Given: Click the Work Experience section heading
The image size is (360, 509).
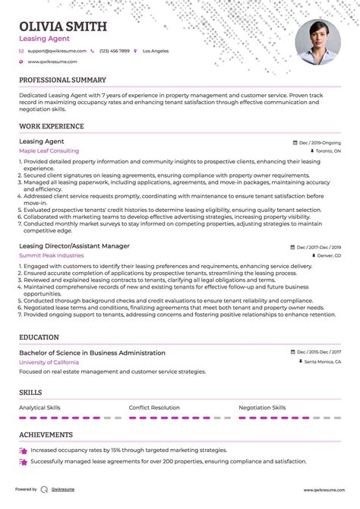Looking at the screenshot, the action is [51, 126].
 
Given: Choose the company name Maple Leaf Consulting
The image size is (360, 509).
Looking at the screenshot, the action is [48, 151].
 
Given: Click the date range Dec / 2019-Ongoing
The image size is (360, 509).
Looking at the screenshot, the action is [319, 142].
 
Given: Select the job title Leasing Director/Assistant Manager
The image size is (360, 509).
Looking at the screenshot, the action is [74, 246].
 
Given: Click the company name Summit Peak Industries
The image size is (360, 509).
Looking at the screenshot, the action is [51, 255].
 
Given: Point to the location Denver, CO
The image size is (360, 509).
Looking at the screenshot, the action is [327, 256].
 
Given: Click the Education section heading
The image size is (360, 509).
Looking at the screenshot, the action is [39, 337].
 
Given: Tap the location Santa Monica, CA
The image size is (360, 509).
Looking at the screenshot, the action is [322, 362].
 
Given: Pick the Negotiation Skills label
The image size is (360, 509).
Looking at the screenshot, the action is [263, 408].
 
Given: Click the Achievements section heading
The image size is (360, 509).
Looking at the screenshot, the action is [46, 435].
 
